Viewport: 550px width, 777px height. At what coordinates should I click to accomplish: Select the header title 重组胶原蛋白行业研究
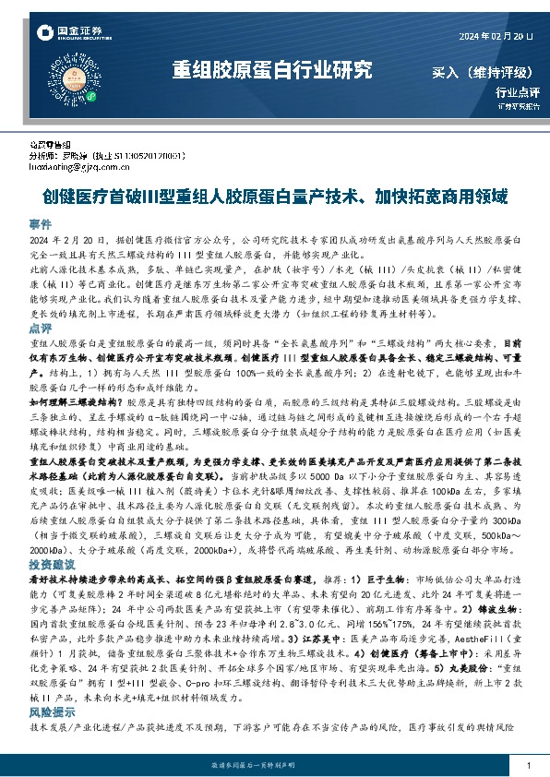pos(272,70)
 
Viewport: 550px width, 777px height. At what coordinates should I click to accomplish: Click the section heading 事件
pos(40,223)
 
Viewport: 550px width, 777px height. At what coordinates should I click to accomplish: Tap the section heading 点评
pos(40,328)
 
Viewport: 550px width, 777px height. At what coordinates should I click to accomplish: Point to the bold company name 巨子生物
pos(376,579)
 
